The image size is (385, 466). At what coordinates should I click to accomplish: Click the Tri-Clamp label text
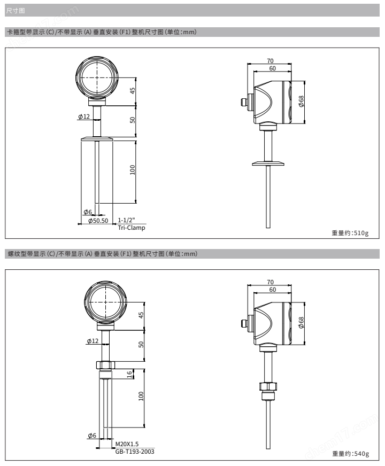click(132, 228)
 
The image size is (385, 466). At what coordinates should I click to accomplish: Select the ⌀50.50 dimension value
click(98, 221)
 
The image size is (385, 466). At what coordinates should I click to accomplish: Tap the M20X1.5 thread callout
click(127, 444)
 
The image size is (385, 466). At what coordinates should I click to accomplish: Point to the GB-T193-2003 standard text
click(135, 452)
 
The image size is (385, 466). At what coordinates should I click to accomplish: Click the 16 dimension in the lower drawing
click(129, 374)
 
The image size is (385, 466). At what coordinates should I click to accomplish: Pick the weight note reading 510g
click(350, 233)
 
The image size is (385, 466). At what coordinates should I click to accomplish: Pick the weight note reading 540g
click(351, 454)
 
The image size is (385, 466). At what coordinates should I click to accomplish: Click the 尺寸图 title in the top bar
click(16, 11)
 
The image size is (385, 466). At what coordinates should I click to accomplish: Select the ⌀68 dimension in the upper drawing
click(301, 102)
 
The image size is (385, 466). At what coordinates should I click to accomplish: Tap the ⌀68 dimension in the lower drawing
click(301, 322)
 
